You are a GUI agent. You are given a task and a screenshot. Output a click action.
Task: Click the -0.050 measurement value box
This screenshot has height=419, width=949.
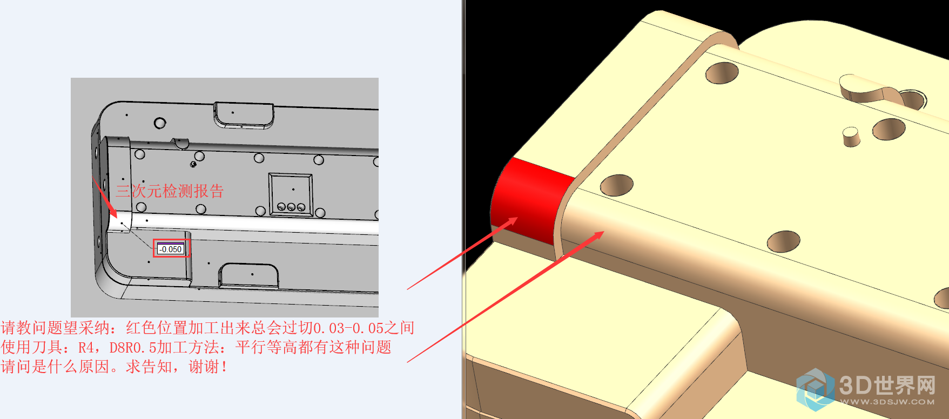click(x=171, y=249)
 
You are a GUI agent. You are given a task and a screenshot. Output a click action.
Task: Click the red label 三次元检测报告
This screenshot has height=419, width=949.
click(x=170, y=191)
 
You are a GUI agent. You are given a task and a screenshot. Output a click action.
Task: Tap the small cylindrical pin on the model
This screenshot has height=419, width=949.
click(x=851, y=137)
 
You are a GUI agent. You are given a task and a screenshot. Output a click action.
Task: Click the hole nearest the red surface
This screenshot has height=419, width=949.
click(x=616, y=185)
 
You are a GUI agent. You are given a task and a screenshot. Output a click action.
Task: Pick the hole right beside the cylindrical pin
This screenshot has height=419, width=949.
click(x=889, y=129)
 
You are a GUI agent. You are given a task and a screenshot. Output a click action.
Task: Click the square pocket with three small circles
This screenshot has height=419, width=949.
click(x=291, y=194)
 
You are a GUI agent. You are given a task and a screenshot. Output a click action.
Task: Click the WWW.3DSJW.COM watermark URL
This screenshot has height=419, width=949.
click(x=887, y=402)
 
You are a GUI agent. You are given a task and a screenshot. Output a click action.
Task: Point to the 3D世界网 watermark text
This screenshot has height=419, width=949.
click(x=887, y=386)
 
